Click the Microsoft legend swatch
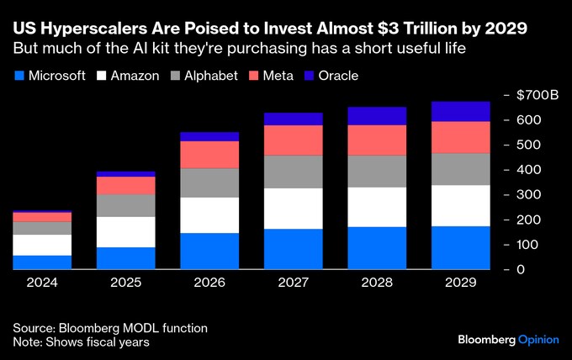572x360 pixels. tap(19, 76)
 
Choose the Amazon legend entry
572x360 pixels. tap(127, 76)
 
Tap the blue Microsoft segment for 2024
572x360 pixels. tap(42, 262)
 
